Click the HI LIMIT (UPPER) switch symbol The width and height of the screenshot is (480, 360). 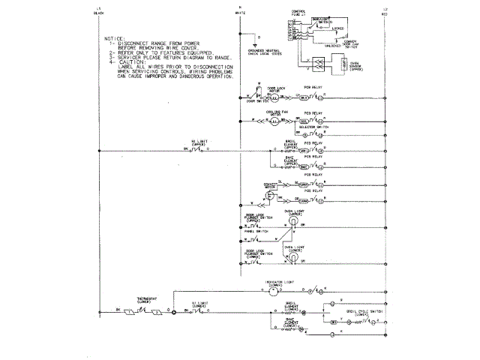coord(197,150)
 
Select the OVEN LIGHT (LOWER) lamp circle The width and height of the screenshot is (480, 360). coord(294,256)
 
